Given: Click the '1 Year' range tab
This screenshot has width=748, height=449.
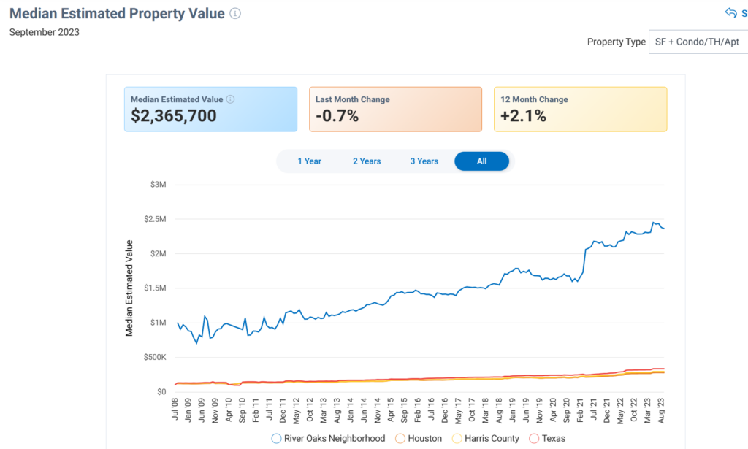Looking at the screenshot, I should [x=309, y=161].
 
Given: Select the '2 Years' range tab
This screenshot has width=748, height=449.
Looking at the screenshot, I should [x=367, y=161].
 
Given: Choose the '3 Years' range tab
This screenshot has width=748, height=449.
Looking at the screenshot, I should [x=424, y=161].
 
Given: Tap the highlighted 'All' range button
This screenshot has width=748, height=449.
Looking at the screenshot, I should [x=481, y=161].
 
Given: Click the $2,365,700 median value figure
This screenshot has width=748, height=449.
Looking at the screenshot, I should [x=174, y=115].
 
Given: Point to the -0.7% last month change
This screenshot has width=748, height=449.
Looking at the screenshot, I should [x=337, y=115].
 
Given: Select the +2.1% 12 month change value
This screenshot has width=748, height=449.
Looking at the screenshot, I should [x=523, y=115].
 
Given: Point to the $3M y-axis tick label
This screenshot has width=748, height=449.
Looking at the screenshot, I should [x=157, y=185].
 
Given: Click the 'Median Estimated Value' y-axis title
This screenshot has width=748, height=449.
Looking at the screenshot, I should [x=129, y=288].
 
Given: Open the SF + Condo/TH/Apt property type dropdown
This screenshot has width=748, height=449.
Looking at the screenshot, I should [x=698, y=42].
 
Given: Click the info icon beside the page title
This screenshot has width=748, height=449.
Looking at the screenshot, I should [x=234, y=14].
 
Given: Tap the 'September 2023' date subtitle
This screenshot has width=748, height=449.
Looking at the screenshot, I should [x=45, y=32].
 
